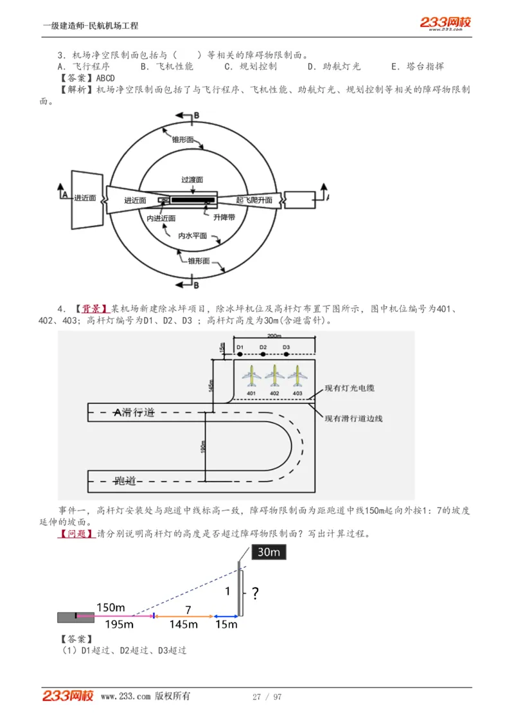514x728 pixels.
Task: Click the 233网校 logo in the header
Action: tap(445, 23)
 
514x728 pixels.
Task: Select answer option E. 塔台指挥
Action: tap(417, 66)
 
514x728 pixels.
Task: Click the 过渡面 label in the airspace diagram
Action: tap(192, 181)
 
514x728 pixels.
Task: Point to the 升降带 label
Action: tap(224, 217)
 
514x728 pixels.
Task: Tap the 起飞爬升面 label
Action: tap(254, 200)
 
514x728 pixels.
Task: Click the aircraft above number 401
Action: tap(251, 375)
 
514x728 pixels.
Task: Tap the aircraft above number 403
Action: tap(297, 375)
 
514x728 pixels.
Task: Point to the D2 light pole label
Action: tap(263, 347)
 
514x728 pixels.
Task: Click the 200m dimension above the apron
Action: tap(274, 336)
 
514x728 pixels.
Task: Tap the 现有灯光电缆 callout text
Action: tap(350, 388)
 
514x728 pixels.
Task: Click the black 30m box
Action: tap(268, 552)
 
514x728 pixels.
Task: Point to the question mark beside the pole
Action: tap(255, 593)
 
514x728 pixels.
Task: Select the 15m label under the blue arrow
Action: tap(226, 624)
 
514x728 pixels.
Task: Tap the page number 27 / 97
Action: tap(267, 696)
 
